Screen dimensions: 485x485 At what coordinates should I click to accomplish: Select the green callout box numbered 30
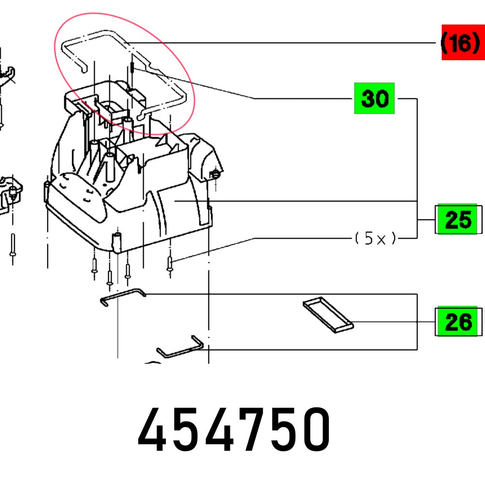[374, 98]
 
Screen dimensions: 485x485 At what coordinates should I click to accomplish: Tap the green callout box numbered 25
[457, 220]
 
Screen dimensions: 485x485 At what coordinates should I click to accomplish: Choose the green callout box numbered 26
[457, 321]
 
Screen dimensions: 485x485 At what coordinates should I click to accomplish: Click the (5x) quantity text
[374, 239]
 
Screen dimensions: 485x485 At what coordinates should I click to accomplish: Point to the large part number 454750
[235, 430]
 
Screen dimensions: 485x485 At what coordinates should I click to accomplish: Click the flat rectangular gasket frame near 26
[328, 316]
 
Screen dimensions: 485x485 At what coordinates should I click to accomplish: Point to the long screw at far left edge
[13, 248]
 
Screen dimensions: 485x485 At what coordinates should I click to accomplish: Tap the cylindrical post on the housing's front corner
[117, 242]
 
